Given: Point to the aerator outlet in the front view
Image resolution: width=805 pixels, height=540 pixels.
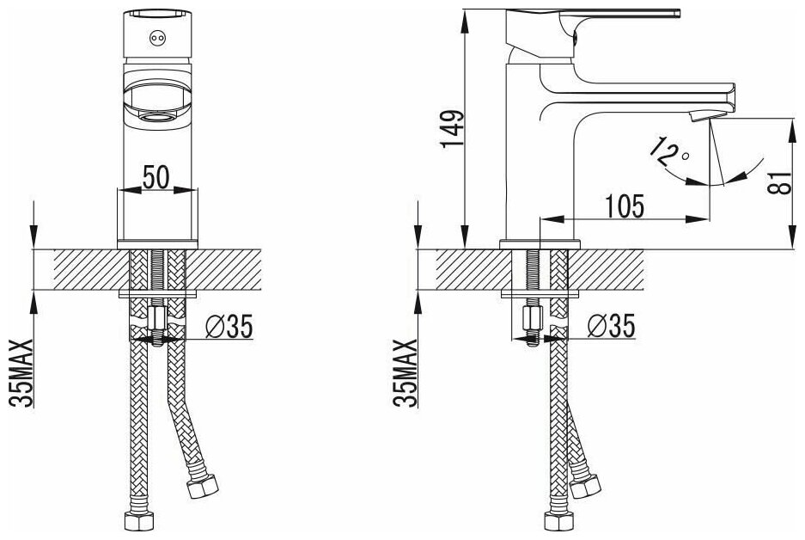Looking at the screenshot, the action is [156, 116].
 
